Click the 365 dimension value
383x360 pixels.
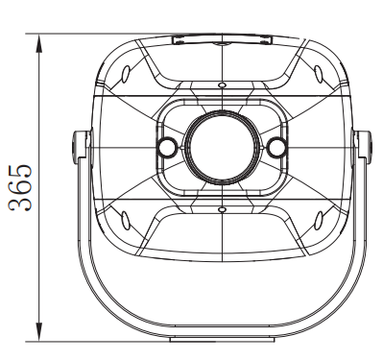(x=20, y=188)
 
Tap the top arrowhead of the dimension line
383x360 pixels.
(x=38, y=42)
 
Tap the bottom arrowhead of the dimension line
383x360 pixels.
(x=38, y=332)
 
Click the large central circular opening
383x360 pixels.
(x=222, y=148)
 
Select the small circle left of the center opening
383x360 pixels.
(x=166, y=148)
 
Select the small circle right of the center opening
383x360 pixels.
(x=275, y=148)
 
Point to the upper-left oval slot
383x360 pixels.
(x=127, y=74)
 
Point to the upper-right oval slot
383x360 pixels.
(x=318, y=74)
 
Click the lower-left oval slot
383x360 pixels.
(x=125, y=220)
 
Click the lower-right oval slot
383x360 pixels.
(x=319, y=220)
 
